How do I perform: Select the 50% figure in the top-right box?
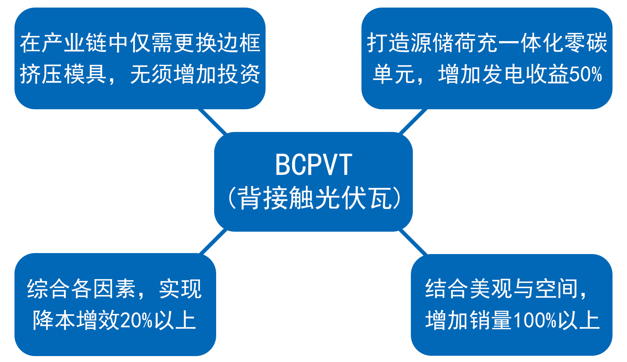tap(585, 74)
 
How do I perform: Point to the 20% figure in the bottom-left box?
tap(136, 320)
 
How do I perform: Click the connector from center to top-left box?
tap(213, 121)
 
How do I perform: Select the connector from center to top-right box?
tap(413, 121)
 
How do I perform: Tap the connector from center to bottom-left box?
tap(214, 242)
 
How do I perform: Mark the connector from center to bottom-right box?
tap(413, 242)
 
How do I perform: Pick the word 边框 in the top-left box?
tap(239, 43)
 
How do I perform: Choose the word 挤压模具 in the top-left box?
tap(63, 74)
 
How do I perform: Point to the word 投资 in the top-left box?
tap(239, 74)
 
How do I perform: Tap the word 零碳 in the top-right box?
tap(586, 43)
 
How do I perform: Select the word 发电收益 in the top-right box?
tap(526, 74)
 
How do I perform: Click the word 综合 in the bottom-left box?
tap(48, 289)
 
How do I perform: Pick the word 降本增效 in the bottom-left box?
tap(76, 320)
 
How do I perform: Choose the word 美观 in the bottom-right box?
tap(491, 289)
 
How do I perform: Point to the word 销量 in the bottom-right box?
tap(491, 320)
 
